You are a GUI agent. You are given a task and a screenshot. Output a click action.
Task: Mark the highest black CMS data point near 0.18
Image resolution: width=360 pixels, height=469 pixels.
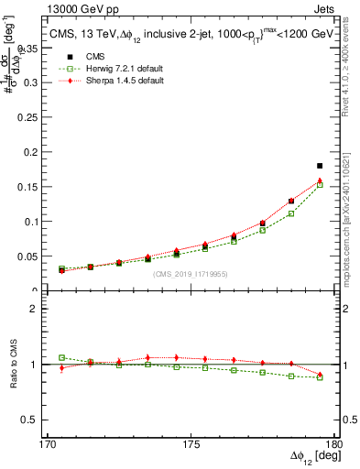click(x=320, y=166)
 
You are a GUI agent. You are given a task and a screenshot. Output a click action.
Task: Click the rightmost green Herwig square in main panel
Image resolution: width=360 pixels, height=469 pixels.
click(x=320, y=185)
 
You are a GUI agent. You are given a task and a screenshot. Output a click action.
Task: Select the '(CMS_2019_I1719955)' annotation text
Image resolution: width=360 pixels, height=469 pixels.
click(x=190, y=273)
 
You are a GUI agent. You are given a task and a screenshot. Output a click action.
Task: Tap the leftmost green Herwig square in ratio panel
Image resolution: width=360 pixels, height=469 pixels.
click(x=61, y=357)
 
